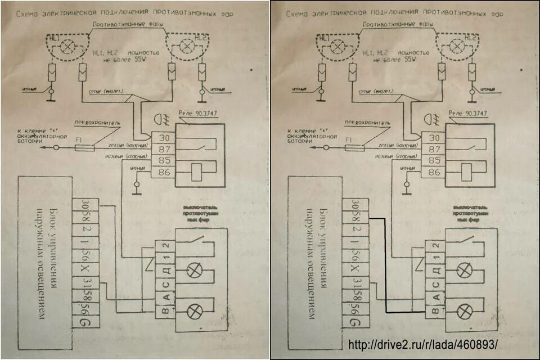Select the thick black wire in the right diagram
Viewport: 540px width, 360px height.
(385, 264)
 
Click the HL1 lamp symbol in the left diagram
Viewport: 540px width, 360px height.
(67, 47)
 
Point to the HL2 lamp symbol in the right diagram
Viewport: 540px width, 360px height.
(458, 48)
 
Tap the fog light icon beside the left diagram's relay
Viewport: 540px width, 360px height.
(159, 120)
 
